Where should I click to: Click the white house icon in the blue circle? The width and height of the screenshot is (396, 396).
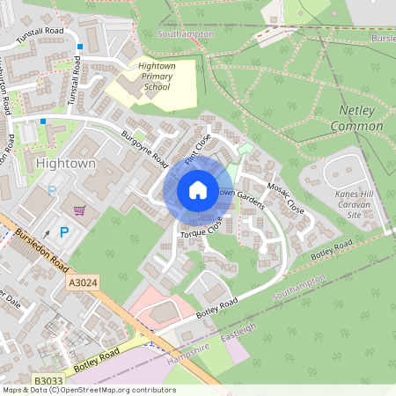coord(197,190)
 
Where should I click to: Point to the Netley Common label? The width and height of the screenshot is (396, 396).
coord(356,119)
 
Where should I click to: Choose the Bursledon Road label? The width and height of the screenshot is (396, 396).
coord(43,250)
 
